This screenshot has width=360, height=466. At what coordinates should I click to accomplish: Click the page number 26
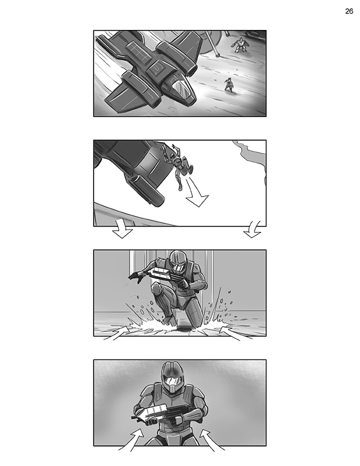pos(349,11)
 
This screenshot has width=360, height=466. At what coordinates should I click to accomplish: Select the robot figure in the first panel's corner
pos(239,45)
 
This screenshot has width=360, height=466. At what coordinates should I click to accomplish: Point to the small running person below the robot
pos(229,85)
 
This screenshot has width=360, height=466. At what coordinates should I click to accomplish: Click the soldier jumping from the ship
pos(178,165)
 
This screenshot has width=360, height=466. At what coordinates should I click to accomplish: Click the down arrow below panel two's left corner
pos(122,231)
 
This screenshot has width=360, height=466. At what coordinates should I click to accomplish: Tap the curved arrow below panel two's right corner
pos(252,230)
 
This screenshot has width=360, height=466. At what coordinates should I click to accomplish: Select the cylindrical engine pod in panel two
pos(147,189)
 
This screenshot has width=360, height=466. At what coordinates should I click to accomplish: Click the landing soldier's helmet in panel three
pos(178,261)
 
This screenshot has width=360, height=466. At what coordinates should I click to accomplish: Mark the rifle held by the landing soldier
pos(167,277)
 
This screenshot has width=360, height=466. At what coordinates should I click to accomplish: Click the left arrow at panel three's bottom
pos(116,334)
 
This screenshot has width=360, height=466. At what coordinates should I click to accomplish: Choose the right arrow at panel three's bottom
pos(232,333)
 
